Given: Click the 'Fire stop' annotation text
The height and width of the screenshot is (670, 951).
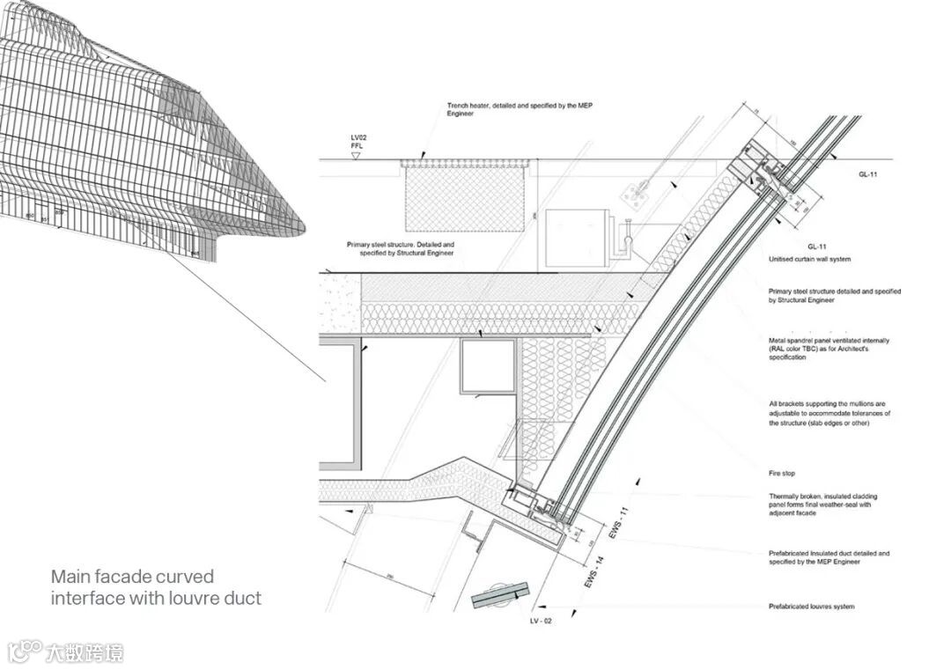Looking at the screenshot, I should click(782, 474).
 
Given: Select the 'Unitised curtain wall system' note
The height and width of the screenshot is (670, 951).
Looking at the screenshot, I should click(809, 260).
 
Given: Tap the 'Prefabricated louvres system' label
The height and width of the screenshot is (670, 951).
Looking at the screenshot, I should click(811, 607).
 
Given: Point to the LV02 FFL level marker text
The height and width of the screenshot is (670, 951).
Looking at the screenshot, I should click(357, 142).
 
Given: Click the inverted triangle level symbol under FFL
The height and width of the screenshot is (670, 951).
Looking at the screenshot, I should click(356, 156).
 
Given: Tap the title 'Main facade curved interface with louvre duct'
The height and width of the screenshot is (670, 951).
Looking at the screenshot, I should click(156, 587).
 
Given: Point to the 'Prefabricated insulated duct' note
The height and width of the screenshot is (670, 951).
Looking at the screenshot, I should click(829, 557).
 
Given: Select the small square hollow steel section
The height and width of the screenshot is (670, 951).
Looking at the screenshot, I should click(486, 366).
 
